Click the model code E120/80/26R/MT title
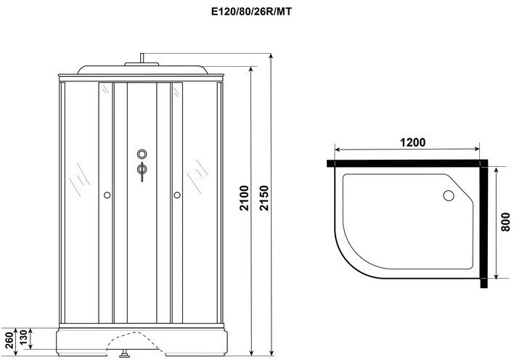click(x=251, y=12)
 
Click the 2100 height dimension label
click(x=245, y=198)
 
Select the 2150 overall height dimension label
click(x=264, y=198)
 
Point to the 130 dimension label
click(x=23, y=337)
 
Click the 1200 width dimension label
click(x=412, y=143)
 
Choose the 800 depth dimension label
click(x=506, y=222)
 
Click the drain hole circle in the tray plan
click(x=449, y=196)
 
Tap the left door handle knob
click(x=107, y=195)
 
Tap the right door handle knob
click(x=177, y=195)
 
